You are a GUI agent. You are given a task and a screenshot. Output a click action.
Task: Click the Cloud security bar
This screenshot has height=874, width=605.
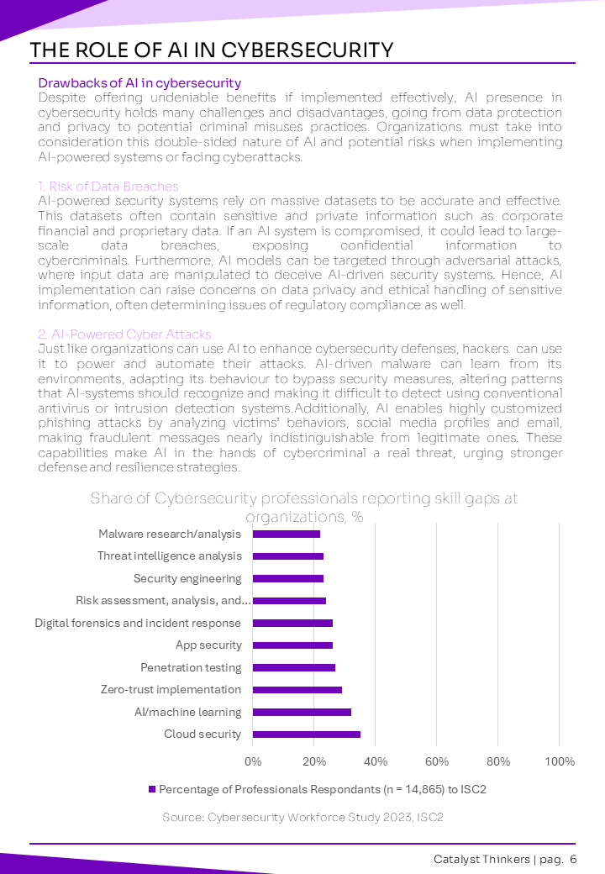coord(307,734)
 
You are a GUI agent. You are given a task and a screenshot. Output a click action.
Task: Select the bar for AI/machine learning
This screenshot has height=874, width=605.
coord(302,712)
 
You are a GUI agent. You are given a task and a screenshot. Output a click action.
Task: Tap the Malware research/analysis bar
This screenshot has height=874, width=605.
coord(287,534)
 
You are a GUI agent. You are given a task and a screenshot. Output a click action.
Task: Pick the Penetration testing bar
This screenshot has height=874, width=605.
coord(294,667)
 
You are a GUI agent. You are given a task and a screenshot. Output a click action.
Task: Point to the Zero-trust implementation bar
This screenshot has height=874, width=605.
coord(297,690)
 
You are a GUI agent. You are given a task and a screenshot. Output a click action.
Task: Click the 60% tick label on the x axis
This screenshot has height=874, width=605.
coord(436,762)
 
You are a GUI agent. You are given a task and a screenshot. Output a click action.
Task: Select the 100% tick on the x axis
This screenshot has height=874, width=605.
coord(560,762)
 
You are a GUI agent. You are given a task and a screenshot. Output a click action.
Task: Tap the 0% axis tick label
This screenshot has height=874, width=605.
coord(253,762)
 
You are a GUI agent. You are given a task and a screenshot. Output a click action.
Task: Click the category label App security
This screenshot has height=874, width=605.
coord(208,645)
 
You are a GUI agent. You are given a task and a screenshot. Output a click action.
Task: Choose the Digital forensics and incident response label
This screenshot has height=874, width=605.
coord(138,623)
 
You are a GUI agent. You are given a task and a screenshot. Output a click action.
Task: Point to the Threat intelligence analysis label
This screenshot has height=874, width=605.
coord(169,556)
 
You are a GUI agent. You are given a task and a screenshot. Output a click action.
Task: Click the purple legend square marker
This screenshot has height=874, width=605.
coord(152,790)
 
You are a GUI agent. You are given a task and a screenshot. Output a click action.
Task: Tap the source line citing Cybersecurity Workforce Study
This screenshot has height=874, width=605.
coord(302,817)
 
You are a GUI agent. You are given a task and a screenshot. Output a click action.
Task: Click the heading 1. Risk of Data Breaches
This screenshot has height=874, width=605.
coord(108,187)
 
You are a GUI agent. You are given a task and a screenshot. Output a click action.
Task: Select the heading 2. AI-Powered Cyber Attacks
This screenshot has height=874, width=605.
coord(124,334)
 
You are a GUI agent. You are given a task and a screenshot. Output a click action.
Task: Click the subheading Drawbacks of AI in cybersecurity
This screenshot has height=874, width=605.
coord(139,83)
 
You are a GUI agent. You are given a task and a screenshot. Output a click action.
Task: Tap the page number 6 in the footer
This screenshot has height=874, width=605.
coord(573,860)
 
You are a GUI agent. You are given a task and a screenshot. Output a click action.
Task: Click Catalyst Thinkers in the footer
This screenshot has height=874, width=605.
coord(481,860)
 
